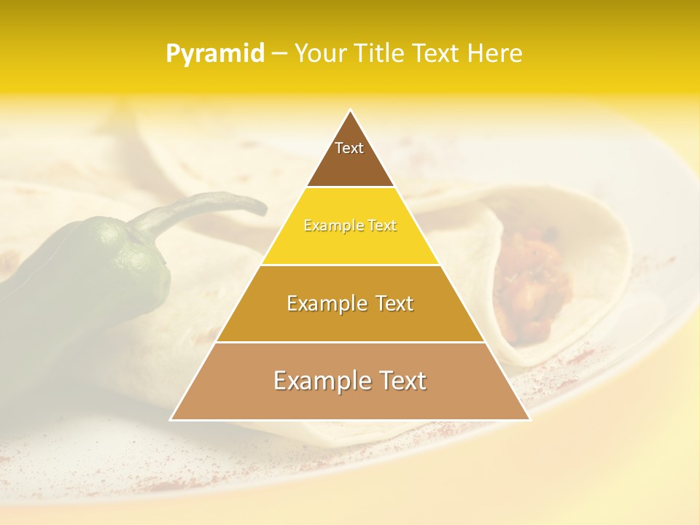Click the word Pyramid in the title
click(215, 54)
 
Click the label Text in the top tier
click(349, 149)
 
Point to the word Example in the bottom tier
click(316, 381)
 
